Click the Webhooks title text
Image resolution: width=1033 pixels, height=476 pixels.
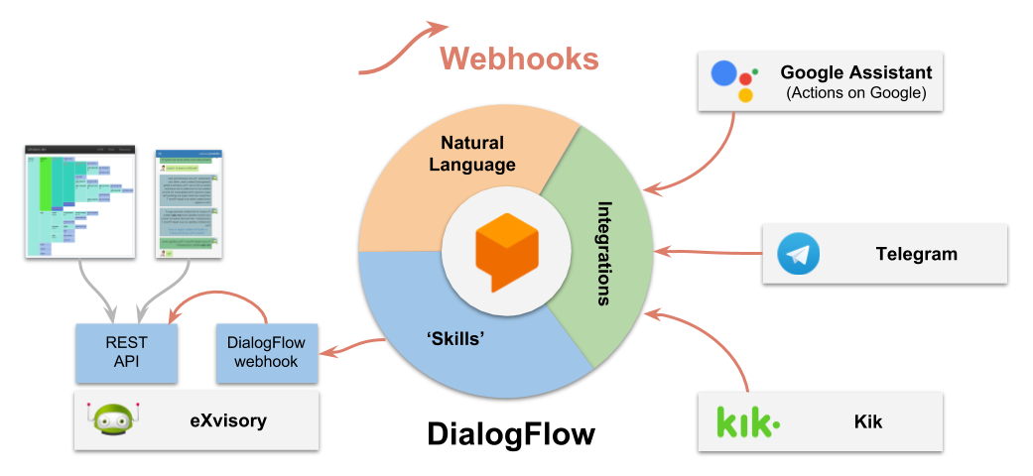click(519, 59)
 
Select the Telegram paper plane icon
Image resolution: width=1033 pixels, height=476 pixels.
click(799, 254)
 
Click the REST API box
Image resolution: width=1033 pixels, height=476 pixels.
click(126, 352)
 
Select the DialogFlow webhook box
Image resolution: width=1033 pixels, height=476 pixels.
click(266, 352)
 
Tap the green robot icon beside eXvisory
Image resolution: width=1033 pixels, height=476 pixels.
click(113, 419)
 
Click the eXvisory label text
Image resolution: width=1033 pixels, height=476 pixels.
click(228, 420)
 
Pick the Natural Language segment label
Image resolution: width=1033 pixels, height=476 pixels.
click(472, 154)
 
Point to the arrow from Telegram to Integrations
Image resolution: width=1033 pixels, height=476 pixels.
click(710, 252)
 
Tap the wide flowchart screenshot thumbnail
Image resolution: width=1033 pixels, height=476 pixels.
click(78, 201)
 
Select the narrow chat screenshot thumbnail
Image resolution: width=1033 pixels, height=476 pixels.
click(189, 202)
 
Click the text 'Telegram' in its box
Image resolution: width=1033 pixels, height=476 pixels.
click(916, 254)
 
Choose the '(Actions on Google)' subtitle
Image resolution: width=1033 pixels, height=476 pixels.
click(855, 93)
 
